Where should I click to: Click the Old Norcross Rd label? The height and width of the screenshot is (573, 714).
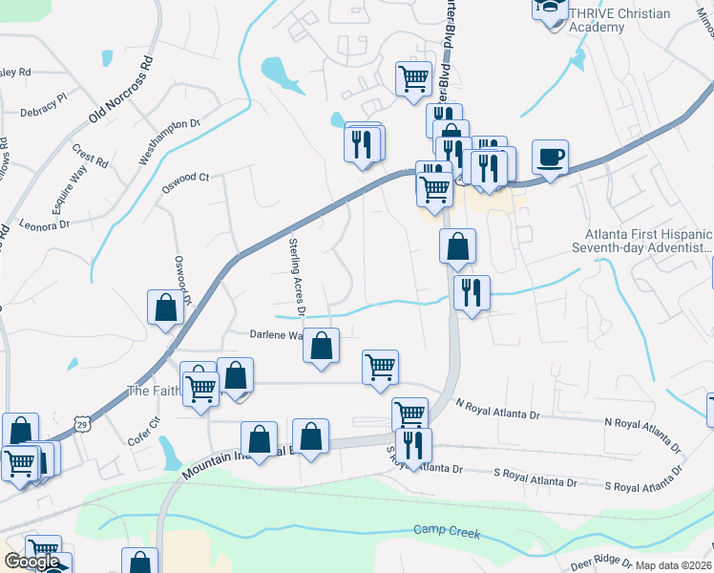[120, 91]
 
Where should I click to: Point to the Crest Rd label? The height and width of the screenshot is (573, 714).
[90, 156]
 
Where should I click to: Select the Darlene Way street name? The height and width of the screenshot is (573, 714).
[276, 335]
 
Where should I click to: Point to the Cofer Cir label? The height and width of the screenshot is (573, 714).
[144, 435]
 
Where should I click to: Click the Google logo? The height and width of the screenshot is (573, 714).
[31, 562]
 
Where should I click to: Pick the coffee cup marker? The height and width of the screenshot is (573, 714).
[550, 157]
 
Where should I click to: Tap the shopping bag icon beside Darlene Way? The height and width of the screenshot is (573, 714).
[322, 346]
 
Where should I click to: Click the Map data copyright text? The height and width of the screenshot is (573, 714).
[673, 565]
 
